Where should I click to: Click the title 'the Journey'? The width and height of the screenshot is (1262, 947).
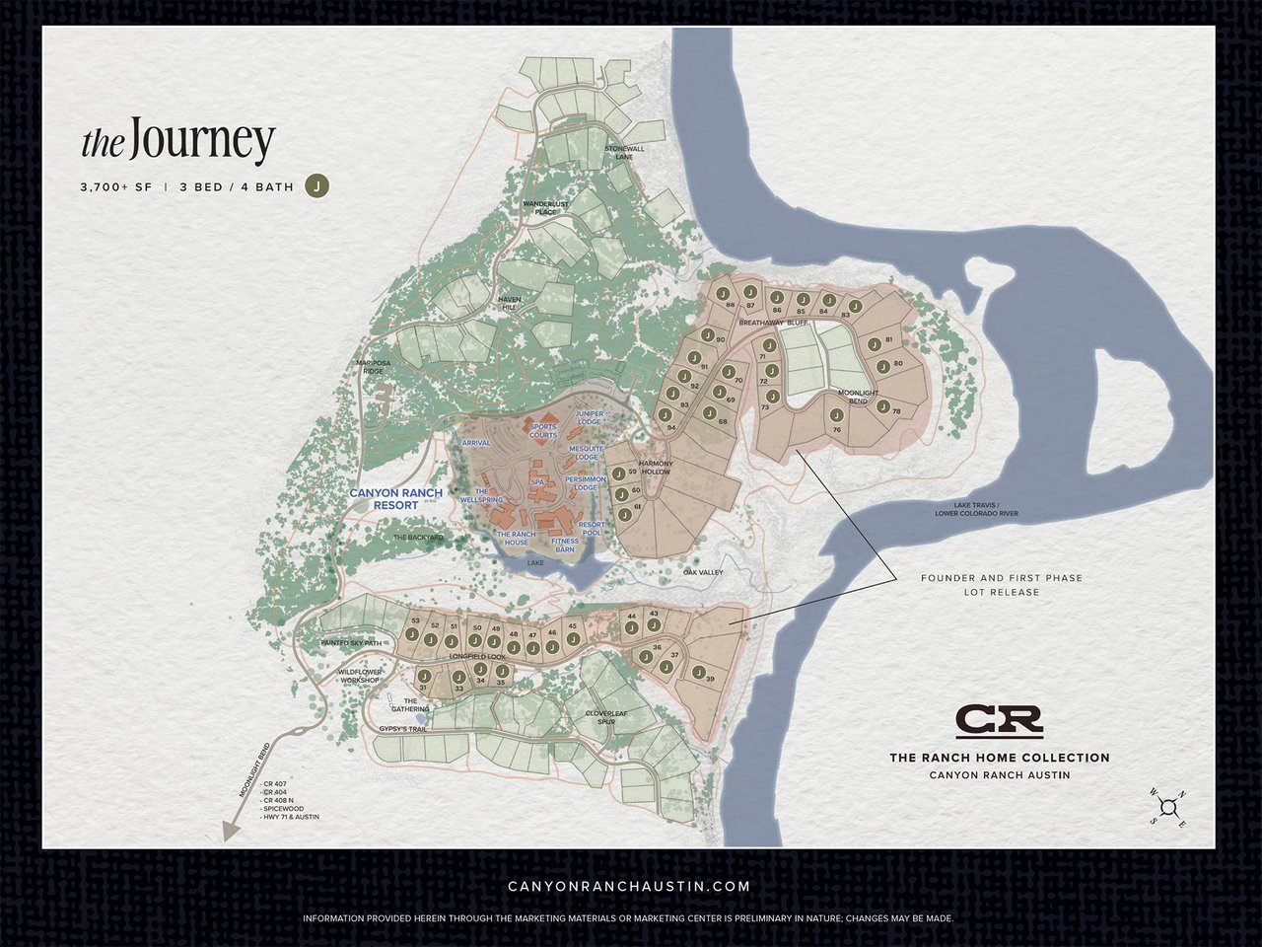[x=177, y=143]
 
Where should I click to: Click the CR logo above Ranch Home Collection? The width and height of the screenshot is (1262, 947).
[x=999, y=721]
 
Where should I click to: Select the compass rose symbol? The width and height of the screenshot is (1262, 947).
[x=1168, y=808]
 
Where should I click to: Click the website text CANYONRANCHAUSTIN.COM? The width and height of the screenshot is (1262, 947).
[x=629, y=887]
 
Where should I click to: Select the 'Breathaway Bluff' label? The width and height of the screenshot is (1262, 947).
[x=773, y=323]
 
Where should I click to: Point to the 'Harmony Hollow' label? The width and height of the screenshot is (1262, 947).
[x=655, y=468]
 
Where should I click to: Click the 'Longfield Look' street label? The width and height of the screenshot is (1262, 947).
[x=477, y=656]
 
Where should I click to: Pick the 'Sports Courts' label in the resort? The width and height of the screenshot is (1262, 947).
[x=543, y=431]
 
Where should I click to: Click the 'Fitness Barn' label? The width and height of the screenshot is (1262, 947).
[x=565, y=545]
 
